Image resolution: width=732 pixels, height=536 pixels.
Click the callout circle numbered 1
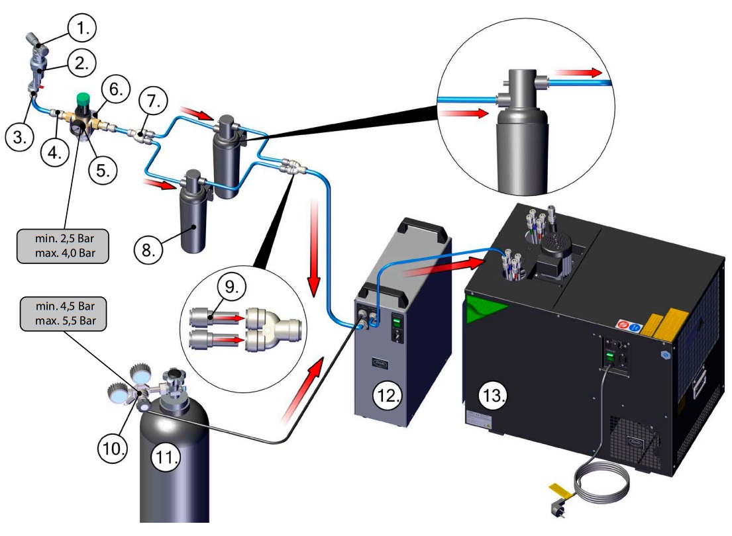(81, 28)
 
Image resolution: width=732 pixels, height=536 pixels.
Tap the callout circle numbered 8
(148, 250)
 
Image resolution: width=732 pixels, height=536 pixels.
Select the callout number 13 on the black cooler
(492, 396)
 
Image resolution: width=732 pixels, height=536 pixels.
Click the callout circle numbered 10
(112, 448)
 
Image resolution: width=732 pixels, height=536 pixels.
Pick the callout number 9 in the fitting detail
(232, 286)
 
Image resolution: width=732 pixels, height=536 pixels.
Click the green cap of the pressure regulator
(84, 98)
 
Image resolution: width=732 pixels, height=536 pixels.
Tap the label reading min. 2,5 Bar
(64, 238)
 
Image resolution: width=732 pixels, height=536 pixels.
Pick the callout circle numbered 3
(19, 137)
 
